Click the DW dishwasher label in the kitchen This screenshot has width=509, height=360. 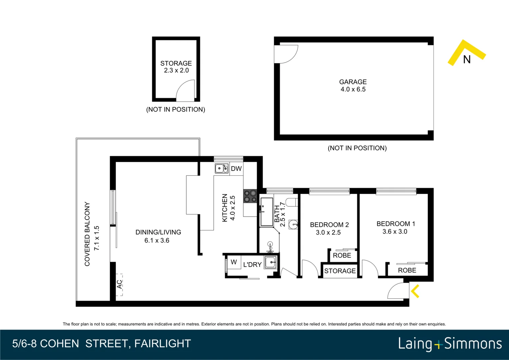236,169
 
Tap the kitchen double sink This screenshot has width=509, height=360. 222,169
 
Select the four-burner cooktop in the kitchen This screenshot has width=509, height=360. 250,196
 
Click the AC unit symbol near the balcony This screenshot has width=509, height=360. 119,285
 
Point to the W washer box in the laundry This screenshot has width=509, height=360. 234,262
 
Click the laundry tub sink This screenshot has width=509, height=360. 270,262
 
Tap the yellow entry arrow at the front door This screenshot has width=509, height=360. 415,291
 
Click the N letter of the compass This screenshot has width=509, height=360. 467,60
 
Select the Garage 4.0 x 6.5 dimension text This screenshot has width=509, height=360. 353,89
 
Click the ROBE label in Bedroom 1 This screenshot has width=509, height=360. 407,270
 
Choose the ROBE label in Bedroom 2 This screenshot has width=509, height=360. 342,255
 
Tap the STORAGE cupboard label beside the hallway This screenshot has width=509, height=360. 340,271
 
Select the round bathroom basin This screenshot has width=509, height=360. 293,224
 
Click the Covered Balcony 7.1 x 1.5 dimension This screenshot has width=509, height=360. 97,238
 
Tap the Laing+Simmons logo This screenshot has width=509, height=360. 450,344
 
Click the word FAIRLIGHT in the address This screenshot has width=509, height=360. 163,344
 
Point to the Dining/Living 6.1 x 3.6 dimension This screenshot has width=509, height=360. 157,240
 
